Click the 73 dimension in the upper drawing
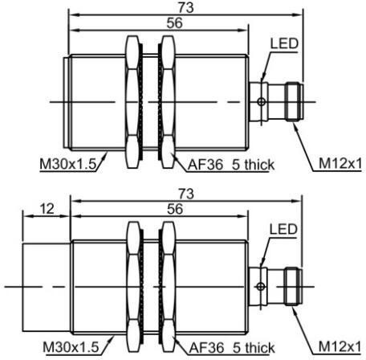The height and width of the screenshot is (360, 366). pos(186,7)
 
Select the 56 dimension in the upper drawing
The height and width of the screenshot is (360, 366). pos(175,22)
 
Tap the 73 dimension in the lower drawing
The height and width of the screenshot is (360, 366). pos(186,194)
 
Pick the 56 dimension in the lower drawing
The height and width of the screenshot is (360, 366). pos(175,209)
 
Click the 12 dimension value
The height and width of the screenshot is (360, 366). pos(47,209)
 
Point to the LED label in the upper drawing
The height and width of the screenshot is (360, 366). pos(284,43)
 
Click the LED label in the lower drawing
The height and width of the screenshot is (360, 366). pos(283,229)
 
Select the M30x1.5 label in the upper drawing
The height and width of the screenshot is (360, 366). pos(67,164)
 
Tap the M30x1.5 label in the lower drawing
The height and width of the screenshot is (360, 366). pos(71,347)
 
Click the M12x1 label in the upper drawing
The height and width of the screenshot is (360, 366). pos(340,163)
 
